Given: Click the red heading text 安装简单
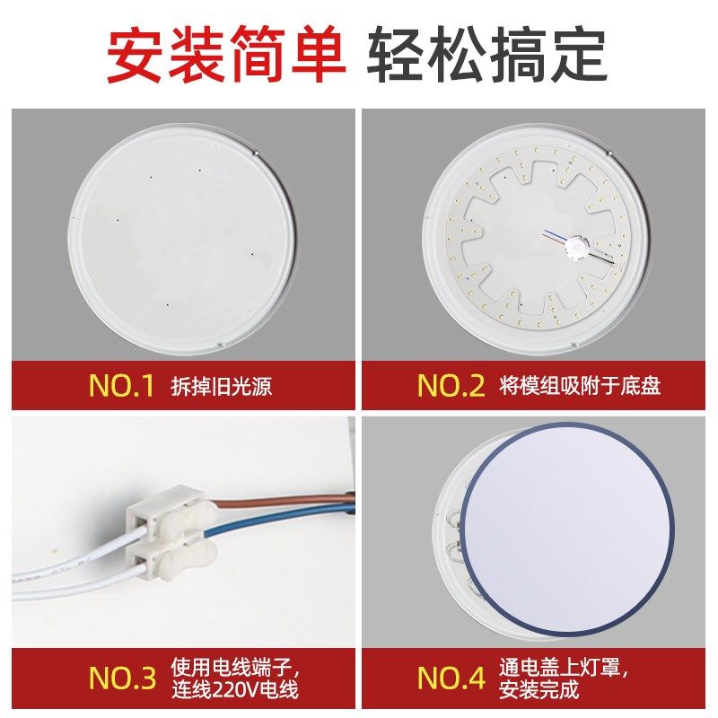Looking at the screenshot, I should [226, 56].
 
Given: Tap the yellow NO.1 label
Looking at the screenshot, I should [121, 386].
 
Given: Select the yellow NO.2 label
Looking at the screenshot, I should [451, 386].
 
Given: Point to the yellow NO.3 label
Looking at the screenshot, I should [122, 679].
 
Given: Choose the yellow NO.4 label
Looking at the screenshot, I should [451, 679].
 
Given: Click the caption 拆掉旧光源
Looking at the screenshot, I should [221, 387].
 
